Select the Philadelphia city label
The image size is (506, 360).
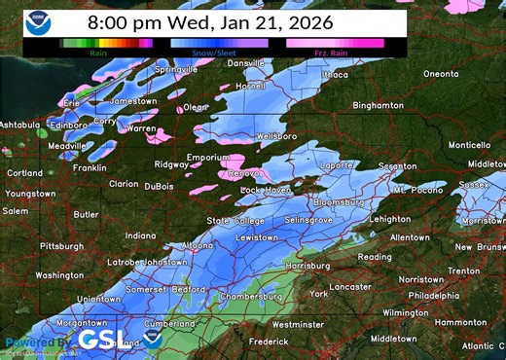point(433,295)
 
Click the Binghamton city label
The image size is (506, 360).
point(378,105)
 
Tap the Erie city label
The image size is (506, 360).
point(71,102)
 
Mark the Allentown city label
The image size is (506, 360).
point(409,236)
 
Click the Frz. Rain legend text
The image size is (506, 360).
point(334,52)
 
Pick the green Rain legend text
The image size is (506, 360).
point(98,52)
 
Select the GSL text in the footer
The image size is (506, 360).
point(102,339)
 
